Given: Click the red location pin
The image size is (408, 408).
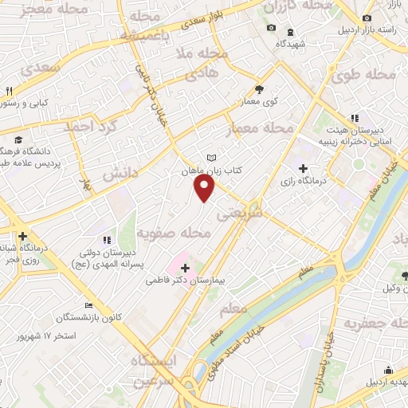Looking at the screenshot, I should (x=205, y=189).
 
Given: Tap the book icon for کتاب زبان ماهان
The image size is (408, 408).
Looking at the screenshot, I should (x=210, y=158).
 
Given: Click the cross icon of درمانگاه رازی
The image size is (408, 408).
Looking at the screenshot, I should (x=302, y=168).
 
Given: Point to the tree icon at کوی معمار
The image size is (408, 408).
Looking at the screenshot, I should (x=259, y=90).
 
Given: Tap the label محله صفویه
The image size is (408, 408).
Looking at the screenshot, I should (x=174, y=233).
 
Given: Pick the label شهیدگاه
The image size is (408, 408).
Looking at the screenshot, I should (x=301, y=43).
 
